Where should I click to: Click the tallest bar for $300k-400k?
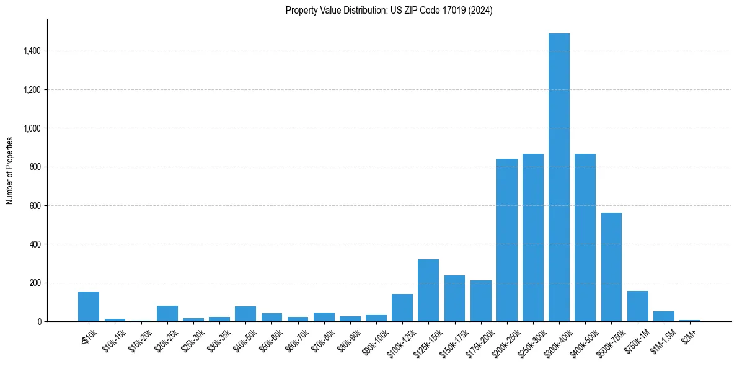point(559,177)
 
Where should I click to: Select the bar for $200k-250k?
point(506,240)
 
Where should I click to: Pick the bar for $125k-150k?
point(428,290)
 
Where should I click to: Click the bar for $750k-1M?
point(637,306)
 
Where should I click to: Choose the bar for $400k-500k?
point(585,238)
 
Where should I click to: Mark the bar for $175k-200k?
point(480,301)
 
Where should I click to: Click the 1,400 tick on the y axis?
point(32,51)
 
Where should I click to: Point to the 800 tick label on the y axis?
point(35,167)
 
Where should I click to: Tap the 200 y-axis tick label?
point(35,283)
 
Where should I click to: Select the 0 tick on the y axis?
point(39,321)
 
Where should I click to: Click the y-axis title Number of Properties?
point(9,170)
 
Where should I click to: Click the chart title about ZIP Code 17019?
point(389,11)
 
